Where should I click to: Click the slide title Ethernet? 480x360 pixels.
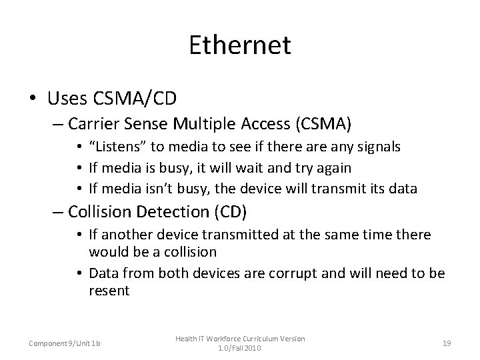(239, 45)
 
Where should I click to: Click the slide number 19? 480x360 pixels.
(446, 343)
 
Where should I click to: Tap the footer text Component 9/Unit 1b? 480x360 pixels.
(64, 343)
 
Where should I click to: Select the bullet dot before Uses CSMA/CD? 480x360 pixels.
(32, 99)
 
